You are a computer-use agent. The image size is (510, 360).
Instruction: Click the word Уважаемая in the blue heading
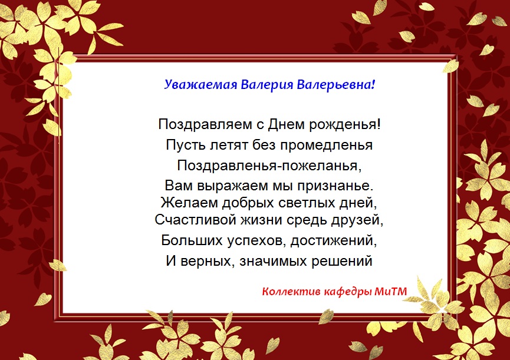coord(200,85)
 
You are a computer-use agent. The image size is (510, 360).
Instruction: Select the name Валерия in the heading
coord(266,85)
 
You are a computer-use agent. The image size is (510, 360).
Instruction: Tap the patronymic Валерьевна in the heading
coord(336,85)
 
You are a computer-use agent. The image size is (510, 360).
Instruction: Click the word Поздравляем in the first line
coord(205,125)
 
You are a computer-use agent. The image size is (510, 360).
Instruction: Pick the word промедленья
coord(326,145)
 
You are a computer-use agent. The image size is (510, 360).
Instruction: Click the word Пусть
coord(186,145)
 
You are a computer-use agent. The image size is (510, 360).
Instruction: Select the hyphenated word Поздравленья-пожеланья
coord(269,166)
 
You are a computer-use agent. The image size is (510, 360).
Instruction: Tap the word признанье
coord(335,186)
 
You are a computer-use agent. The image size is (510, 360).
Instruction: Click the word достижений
coord(333,241)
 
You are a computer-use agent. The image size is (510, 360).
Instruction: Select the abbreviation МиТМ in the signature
coord(390,292)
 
